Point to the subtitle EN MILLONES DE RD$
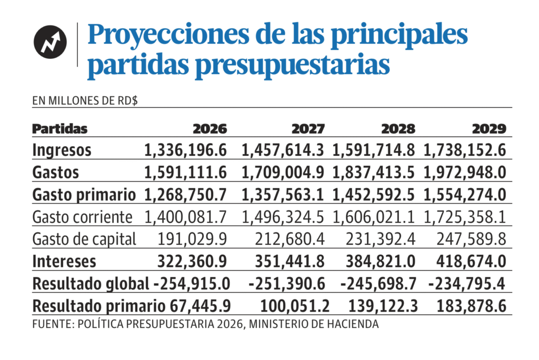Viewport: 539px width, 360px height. tap(85, 101)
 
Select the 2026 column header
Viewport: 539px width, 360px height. tap(209, 129)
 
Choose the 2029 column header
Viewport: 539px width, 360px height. tap(489, 129)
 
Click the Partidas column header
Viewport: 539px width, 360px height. tap(60, 129)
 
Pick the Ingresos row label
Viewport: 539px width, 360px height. tap(62, 150)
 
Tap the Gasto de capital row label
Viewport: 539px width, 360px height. tap(84, 239)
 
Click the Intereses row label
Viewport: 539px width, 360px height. tap(64, 261)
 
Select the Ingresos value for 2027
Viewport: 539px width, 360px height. tap(283, 150)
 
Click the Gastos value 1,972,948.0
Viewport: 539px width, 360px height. tap(465, 172)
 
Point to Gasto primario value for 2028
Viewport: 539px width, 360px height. tap(373, 195)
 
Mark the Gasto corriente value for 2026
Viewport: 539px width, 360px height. tap(185, 217)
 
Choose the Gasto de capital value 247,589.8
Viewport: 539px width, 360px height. tap(472, 239)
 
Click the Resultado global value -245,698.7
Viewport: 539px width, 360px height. tap(378, 284)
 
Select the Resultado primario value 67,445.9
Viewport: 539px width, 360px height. tap(198, 306)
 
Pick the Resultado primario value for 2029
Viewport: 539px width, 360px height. tap(472, 306)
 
